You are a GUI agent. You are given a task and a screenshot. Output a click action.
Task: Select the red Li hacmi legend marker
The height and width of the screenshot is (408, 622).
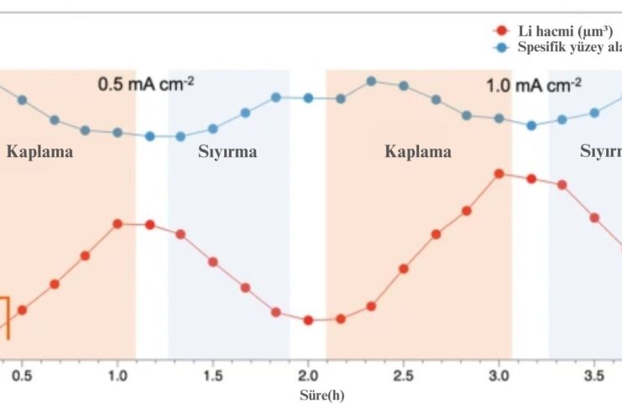point(500,32)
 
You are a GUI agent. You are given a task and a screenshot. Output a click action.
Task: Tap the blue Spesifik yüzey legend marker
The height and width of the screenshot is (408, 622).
point(500,47)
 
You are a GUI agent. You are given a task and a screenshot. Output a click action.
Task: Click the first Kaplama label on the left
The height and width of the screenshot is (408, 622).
point(39,152)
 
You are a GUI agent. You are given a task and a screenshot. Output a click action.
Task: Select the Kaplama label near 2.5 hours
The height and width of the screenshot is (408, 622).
point(418,152)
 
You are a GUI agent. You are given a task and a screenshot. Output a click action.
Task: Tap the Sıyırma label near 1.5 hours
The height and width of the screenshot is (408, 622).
point(227,152)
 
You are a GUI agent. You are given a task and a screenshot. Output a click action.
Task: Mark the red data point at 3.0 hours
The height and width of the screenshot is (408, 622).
point(499,174)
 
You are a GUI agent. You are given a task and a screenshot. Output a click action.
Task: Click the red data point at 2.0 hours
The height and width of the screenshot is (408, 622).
point(308,320)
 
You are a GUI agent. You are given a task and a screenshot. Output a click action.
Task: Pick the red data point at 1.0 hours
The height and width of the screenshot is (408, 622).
point(118,224)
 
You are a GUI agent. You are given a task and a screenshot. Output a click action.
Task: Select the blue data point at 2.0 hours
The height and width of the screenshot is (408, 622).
point(308,98)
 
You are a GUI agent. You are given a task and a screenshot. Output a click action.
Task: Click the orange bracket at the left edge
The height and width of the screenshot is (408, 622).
point(6,317)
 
